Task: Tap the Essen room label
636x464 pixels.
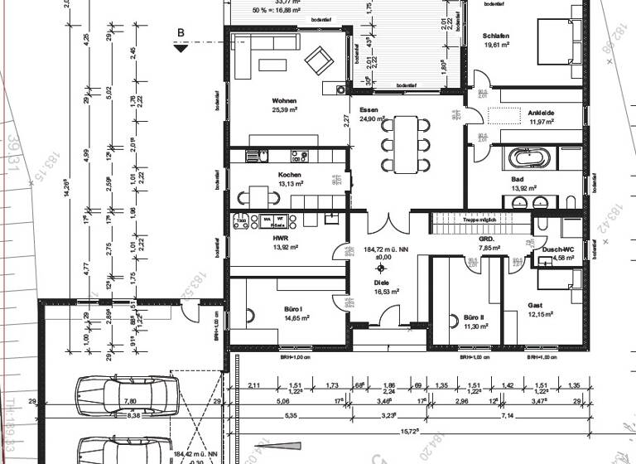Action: (369, 109)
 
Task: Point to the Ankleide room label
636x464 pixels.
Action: (542, 111)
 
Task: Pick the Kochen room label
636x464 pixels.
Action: (290, 175)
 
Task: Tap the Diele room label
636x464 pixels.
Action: (382, 282)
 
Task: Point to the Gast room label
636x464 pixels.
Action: (536, 305)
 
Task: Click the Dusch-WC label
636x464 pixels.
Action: (557, 249)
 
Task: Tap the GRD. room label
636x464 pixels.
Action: (487, 238)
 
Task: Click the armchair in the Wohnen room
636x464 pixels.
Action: (317, 60)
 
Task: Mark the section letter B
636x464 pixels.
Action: (180, 33)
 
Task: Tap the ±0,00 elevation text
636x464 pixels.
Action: (381, 257)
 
